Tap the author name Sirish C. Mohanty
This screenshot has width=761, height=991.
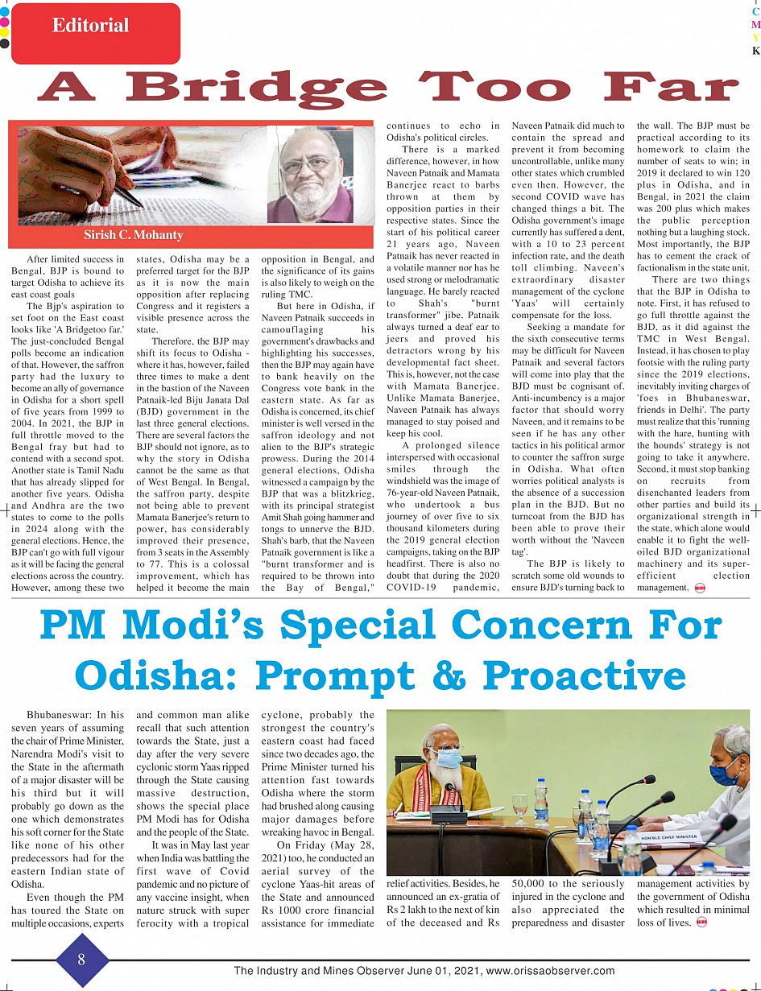pyautogui.click(x=134, y=235)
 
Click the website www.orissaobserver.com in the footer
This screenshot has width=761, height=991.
pyautogui.click(x=551, y=971)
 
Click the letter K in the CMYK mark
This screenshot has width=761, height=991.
pyautogui.click(x=755, y=51)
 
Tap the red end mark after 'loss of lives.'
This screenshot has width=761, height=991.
pyautogui.click(x=701, y=923)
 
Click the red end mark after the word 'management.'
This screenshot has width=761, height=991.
pyautogui.click(x=697, y=588)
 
